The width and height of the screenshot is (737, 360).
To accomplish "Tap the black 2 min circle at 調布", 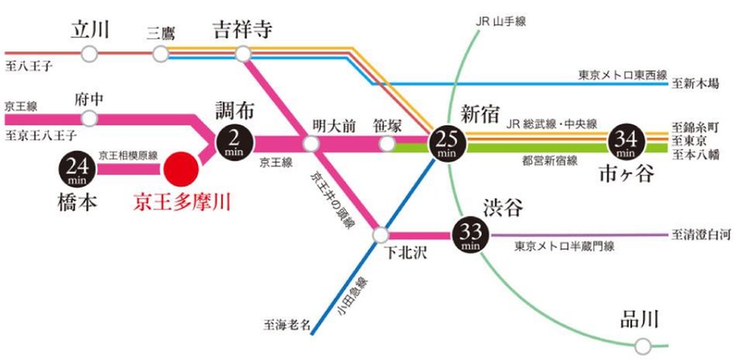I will point(234,140).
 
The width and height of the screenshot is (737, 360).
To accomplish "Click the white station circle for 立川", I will point(90,54).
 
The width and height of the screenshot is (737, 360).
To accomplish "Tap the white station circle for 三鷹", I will point(161,54).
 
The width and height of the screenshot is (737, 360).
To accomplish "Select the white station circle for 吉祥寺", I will point(243,54).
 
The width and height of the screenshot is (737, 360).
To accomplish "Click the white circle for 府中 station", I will point(90,118).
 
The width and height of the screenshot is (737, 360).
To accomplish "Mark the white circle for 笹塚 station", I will point(387,144).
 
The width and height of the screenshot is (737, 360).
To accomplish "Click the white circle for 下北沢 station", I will point(380,234).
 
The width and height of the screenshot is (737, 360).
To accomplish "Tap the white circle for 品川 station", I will point(641,345).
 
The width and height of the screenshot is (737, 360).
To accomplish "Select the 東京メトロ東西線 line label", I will point(623,75).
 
